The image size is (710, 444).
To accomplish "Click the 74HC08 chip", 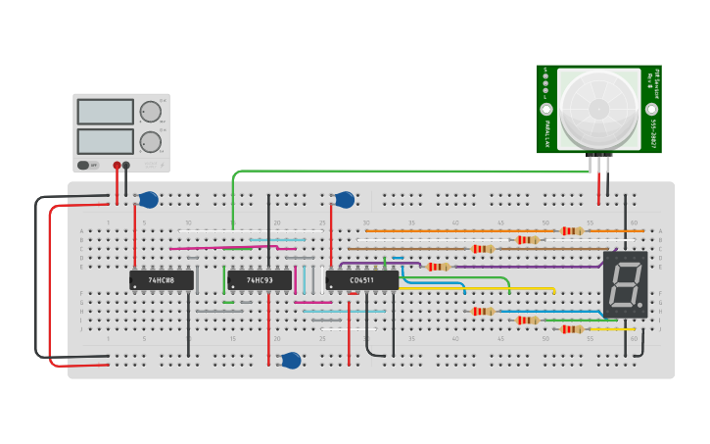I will coord(162,280).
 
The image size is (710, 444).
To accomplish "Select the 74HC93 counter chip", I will coord(260,280).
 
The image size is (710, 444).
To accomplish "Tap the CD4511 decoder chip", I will coord(361,280).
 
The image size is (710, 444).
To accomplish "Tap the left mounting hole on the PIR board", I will coord(546,109).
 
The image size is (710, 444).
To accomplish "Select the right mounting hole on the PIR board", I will coord(651,109).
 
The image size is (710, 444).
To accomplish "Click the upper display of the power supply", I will coord(105,112).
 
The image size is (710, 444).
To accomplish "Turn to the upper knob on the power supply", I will coord(150,111).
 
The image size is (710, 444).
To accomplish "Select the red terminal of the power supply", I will coord(118,166).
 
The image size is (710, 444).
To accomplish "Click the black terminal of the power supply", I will coord(126,166).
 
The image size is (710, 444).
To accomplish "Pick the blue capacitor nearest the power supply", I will coord(148,200).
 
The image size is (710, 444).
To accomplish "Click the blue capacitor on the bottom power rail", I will coord(291,361).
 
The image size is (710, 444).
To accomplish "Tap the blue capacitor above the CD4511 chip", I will coord(345,200).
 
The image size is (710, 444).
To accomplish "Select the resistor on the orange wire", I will coord(572,231).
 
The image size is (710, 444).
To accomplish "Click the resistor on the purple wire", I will coord(439,267).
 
